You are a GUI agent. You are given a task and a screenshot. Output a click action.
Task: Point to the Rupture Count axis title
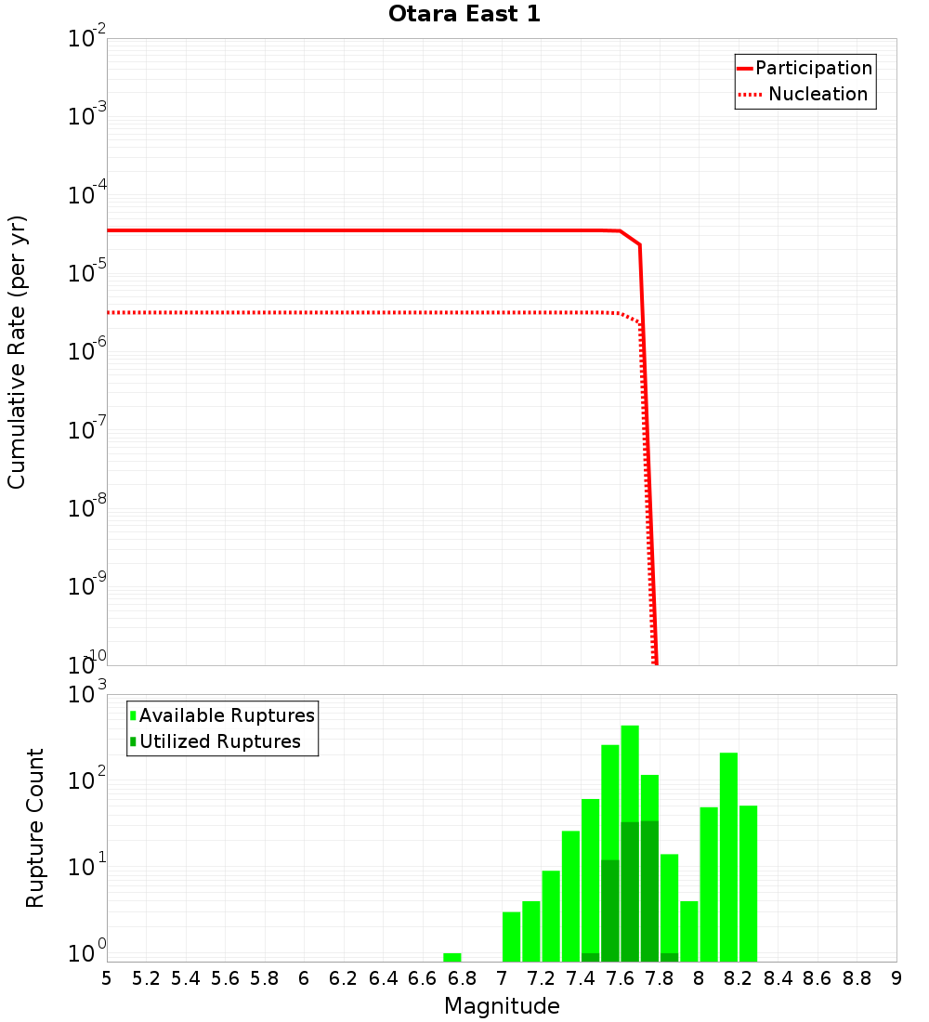35,828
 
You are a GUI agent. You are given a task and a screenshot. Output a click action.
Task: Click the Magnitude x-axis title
502,1006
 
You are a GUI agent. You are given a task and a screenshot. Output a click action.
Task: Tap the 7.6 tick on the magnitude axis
620,978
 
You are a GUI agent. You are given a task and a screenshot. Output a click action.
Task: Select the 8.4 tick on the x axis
778,978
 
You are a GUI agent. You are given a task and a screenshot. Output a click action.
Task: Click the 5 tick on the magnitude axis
107,978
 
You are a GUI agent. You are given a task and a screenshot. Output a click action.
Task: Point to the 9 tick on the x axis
896,978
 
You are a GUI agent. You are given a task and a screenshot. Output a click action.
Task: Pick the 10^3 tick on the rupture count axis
88,694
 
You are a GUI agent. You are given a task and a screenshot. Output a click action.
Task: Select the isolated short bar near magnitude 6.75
452,957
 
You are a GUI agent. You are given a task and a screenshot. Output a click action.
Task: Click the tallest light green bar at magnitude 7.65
630,771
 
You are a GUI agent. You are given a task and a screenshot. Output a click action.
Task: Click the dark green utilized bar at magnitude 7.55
610,911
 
